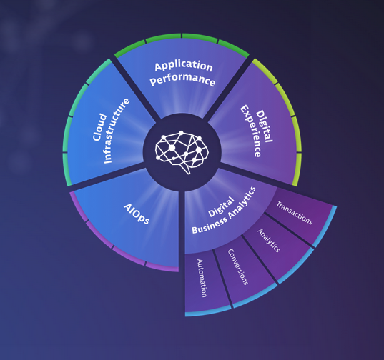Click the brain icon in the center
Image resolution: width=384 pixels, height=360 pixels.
[x=182, y=151]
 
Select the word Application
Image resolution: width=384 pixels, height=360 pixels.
[x=184, y=65]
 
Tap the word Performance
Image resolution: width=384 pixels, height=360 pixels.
[x=182, y=79]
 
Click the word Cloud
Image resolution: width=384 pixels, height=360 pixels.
[x=100, y=127]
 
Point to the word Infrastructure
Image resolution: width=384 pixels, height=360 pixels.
[x=117, y=131]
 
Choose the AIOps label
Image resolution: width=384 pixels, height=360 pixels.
[x=137, y=214]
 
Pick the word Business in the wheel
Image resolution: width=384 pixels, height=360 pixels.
[x=210, y=225]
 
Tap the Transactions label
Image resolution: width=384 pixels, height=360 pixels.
[x=295, y=213]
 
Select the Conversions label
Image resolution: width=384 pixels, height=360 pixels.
[x=238, y=267]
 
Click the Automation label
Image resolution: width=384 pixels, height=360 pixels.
[x=202, y=278]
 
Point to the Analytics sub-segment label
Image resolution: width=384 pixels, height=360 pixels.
[x=269, y=241]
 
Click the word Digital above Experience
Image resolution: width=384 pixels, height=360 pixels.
[x=265, y=126]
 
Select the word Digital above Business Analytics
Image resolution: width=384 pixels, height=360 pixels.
[x=221, y=206]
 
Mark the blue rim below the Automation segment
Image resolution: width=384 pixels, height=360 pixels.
[x=208, y=311]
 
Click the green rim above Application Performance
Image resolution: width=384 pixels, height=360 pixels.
[x=182, y=36]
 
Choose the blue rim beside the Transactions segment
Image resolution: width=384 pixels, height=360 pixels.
[x=325, y=227]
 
